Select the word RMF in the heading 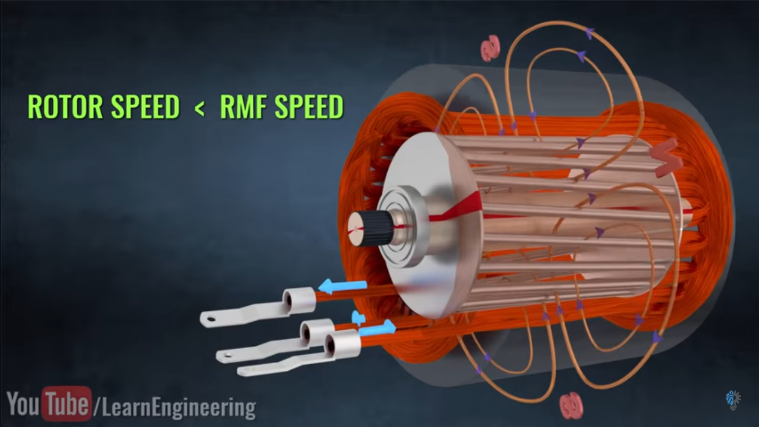(242, 107)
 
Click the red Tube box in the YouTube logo (67, 404)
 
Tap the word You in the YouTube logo (23, 405)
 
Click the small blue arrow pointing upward (358, 318)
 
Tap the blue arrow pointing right (378, 329)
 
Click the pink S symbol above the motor (490, 48)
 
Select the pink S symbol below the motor (571, 405)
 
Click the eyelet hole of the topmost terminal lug (211, 319)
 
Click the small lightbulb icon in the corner (733, 399)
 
